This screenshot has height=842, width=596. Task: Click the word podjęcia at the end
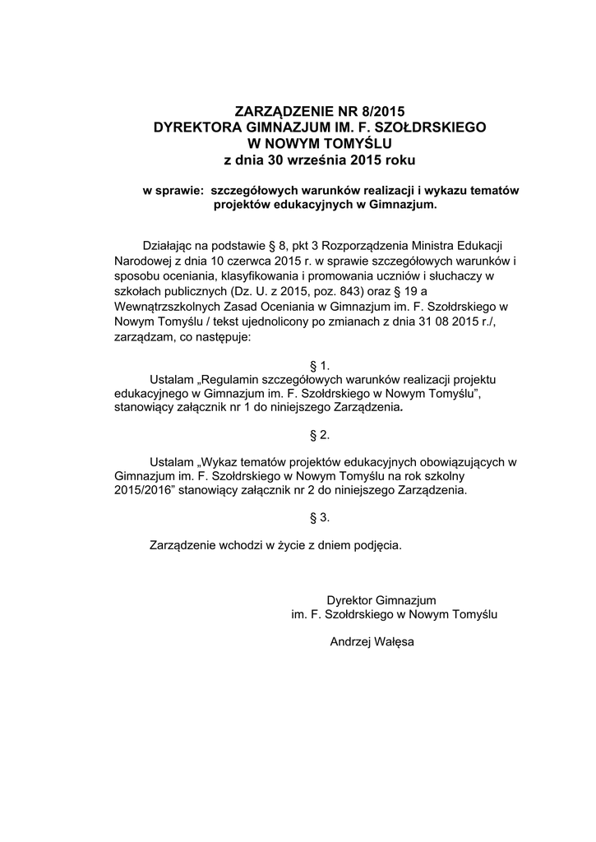379,545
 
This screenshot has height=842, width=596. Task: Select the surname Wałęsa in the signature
394,641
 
